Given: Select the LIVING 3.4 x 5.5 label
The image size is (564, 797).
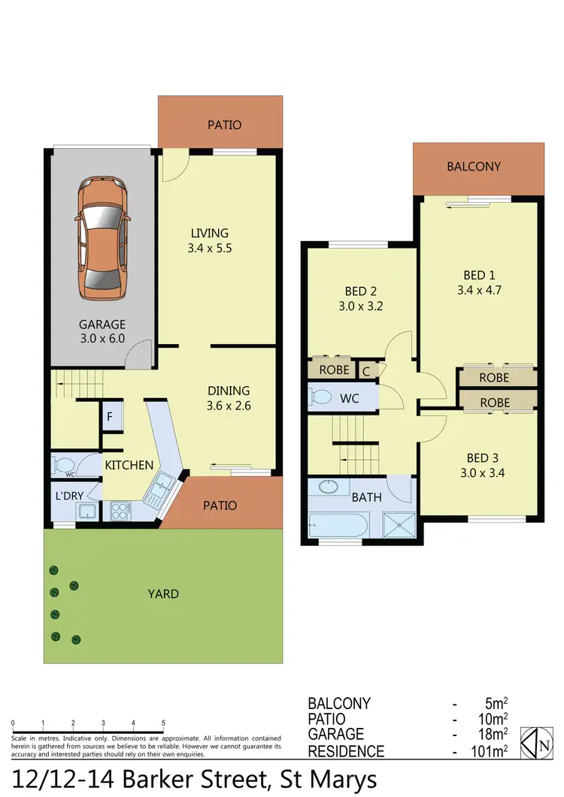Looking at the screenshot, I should click(208, 240).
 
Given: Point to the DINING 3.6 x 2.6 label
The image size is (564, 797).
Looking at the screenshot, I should click(229, 398).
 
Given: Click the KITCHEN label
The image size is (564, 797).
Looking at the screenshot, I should click(129, 466).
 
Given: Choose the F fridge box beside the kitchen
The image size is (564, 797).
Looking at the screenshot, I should click(110, 417).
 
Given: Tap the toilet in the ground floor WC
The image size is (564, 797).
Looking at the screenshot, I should click(63, 465).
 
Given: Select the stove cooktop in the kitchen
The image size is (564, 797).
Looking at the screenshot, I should click(121, 512).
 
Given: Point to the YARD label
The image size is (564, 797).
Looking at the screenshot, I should click(163, 594).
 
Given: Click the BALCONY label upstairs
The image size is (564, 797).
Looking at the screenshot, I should click(474, 167).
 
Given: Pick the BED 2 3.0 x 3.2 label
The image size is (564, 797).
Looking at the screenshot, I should click(356, 298).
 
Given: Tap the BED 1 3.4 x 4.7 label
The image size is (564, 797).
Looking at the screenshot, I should click(475, 282).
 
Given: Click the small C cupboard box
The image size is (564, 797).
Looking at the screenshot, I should click(365, 370).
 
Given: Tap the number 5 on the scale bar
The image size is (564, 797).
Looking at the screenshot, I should click(163, 723).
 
